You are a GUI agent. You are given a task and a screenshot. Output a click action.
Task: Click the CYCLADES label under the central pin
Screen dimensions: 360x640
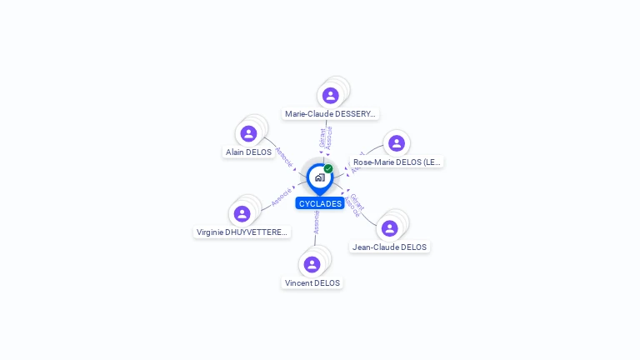point(320,203)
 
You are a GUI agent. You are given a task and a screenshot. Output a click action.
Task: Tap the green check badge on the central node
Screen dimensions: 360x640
point(328,168)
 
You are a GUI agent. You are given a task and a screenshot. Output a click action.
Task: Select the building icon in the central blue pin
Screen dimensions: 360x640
point(319,177)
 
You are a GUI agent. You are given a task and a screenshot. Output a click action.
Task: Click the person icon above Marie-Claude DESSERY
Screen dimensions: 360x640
point(331,95)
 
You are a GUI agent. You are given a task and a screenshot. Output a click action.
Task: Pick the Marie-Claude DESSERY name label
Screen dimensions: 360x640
point(330,113)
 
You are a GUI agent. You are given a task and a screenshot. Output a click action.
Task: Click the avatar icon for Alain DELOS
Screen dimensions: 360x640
point(248,133)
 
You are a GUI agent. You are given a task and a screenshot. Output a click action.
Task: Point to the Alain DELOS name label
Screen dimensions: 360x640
point(248,152)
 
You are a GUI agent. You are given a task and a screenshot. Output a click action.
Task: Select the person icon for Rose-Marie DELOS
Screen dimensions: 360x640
point(396,143)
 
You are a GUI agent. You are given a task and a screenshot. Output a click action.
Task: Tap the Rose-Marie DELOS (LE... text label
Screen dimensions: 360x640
point(397,162)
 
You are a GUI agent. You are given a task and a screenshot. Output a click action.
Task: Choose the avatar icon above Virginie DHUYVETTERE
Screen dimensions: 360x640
point(242,213)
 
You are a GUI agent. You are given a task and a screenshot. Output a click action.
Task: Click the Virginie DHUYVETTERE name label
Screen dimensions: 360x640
point(242,232)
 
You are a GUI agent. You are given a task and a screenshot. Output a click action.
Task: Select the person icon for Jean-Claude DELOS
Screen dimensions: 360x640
point(389,228)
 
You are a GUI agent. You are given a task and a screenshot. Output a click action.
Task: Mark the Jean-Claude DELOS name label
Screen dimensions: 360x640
point(389,247)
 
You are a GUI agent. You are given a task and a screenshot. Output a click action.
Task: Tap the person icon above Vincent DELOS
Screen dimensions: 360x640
point(312,264)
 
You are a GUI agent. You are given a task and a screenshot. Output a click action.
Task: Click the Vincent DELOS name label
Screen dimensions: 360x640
point(312,283)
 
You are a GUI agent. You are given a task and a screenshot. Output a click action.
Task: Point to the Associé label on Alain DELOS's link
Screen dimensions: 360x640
point(283,157)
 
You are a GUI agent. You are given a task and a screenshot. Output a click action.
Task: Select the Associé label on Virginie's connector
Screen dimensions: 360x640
point(282,197)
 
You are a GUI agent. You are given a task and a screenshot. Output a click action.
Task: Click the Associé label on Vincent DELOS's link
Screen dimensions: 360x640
point(317,222)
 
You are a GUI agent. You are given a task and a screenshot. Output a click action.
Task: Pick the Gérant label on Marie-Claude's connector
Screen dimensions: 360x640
point(322,137)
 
